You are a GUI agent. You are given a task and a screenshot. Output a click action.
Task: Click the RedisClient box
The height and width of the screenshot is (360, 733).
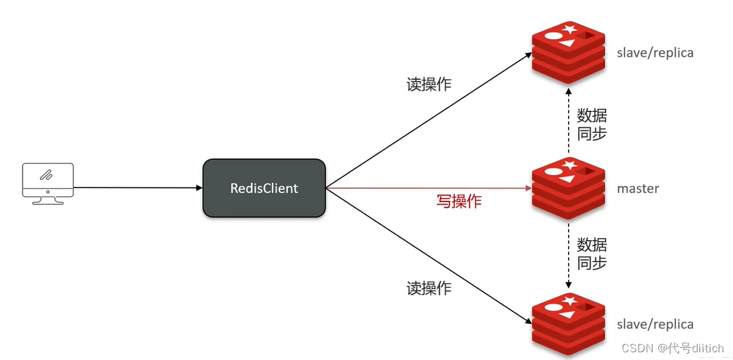(x=264, y=188)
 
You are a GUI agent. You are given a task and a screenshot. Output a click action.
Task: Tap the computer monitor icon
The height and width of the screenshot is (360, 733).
(x=48, y=183)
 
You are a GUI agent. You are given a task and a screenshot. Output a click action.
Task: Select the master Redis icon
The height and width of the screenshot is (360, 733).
(x=568, y=187)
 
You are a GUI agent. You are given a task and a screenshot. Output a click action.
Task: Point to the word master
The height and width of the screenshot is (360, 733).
(x=638, y=189)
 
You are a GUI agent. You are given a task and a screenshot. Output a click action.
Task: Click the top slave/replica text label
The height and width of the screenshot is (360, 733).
(x=655, y=53)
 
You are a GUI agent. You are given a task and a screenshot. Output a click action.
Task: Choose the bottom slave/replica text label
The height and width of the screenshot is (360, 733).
(x=655, y=325)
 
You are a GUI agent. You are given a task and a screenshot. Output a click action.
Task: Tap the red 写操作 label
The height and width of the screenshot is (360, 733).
(x=459, y=202)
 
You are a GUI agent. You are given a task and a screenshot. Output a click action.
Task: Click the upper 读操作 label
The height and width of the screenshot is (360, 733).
(x=429, y=84)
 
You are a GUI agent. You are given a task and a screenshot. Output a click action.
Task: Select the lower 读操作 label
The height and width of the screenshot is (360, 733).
(x=429, y=289)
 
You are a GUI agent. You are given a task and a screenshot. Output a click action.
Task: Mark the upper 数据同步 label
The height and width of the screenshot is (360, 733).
(x=591, y=125)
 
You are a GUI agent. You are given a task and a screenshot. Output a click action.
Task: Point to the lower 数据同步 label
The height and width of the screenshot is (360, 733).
(x=591, y=254)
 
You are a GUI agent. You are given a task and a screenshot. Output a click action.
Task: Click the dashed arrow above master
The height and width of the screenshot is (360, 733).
(x=568, y=122)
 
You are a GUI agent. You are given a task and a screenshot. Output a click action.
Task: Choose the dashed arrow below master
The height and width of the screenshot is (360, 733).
(x=568, y=254)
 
